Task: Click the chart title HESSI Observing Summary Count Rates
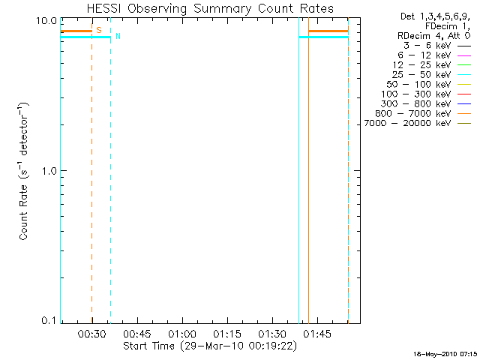click(210, 8)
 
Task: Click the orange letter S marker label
click(99, 30)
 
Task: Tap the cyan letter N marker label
click(118, 36)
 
